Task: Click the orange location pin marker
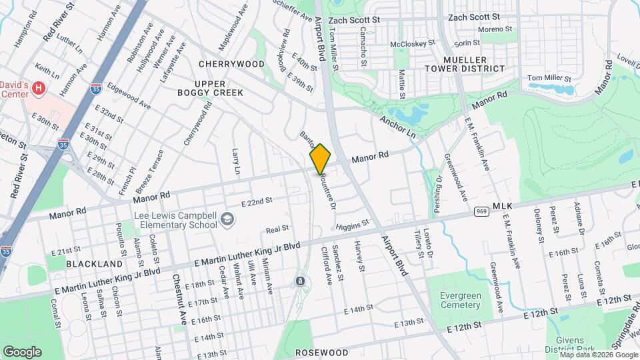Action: (320, 158)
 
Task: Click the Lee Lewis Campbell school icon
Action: (227, 219)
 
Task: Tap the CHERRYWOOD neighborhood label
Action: (231, 64)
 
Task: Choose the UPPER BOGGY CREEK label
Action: (209, 88)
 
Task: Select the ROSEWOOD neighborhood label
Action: (321, 351)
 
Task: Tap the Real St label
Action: (277, 229)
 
